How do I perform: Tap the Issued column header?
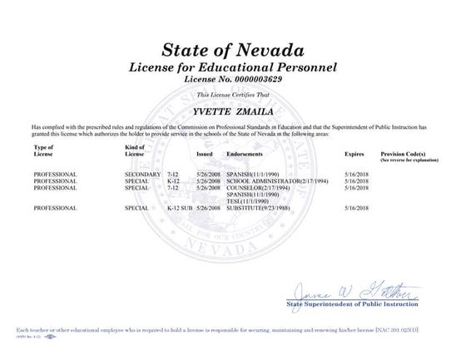coord(205,155)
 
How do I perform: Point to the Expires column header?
coord(354,155)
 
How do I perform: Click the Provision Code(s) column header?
coord(403,155)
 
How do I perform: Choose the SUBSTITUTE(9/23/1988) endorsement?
coord(259,206)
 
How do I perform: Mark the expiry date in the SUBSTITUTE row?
coord(354,206)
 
